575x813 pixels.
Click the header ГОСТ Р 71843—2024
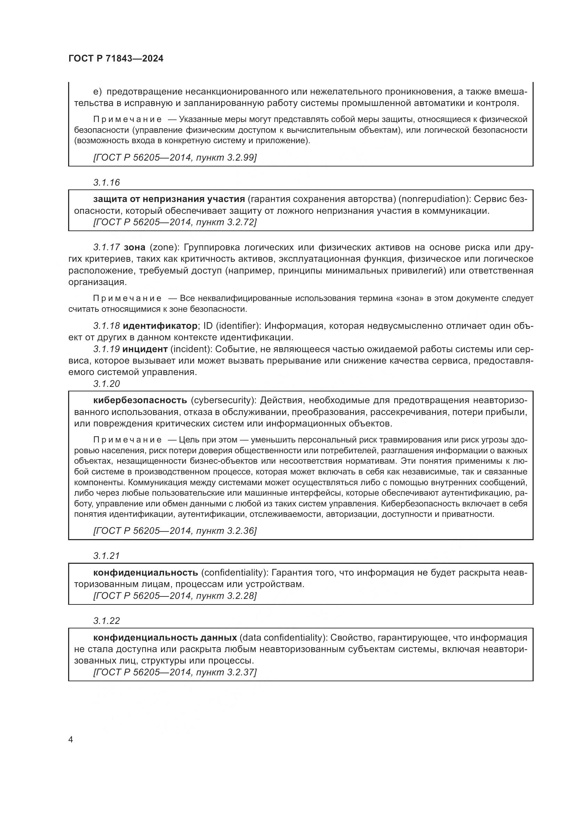[116, 59]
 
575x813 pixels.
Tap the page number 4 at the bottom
[71, 740]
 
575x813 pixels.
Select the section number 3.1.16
[107, 183]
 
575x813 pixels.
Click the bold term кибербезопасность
[140, 400]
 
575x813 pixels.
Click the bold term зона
[135, 247]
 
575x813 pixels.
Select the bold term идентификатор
[160, 326]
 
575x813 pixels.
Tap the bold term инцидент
[145, 349]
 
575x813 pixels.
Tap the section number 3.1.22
[107, 621]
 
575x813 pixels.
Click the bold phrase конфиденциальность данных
[165, 638]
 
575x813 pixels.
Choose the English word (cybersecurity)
[224, 400]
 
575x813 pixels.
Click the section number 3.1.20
[107, 384]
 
